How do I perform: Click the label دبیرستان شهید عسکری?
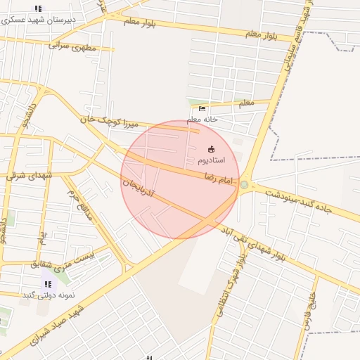click(x=39, y=19)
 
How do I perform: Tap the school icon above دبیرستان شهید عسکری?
click(x=38, y=8)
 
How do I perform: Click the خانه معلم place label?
click(x=204, y=119)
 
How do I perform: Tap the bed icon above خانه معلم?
click(x=202, y=109)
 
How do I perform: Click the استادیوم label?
click(x=212, y=160)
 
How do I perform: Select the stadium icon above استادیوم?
click(x=212, y=149)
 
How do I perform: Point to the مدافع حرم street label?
click(x=80, y=202)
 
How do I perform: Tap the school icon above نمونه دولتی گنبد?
click(x=48, y=285)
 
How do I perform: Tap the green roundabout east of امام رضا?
click(x=244, y=184)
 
